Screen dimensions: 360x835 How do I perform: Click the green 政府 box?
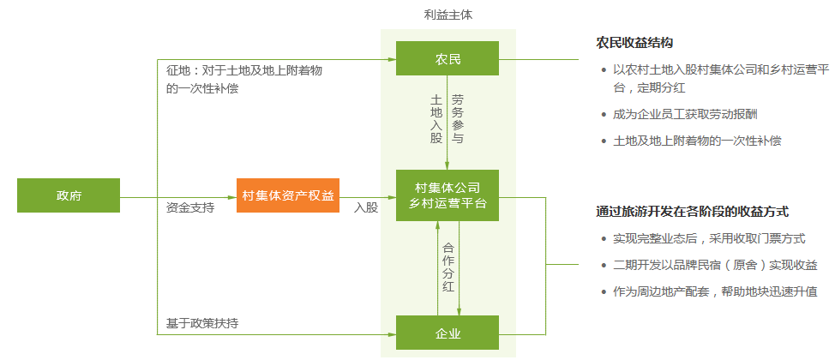tap(69, 195)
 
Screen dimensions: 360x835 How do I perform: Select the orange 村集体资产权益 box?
tap(289, 195)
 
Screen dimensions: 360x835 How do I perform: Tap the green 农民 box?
tap(447, 59)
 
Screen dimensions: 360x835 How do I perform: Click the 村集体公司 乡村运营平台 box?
tap(447, 195)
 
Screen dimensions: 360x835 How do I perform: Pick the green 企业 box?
tap(447, 333)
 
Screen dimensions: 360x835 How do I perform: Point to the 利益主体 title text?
tap(448, 15)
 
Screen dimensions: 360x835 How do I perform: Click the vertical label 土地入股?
tap(436, 118)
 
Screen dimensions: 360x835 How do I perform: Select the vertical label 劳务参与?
tap(458, 118)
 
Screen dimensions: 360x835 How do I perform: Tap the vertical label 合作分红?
tap(448, 267)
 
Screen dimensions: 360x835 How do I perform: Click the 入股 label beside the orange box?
tap(366, 207)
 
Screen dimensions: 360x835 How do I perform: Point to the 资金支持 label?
tap(190, 207)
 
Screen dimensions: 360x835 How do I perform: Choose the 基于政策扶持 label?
tap(202, 323)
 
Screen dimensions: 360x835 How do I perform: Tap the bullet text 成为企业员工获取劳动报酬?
tap(685, 114)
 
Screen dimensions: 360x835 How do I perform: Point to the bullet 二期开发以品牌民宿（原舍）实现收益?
tap(715, 266)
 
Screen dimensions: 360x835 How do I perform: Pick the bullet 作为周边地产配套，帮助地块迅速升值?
tap(715, 292)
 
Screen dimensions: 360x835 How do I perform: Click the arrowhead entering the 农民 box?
tap(391, 59)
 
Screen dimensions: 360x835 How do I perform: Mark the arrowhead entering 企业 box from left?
tap(391, 333)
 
